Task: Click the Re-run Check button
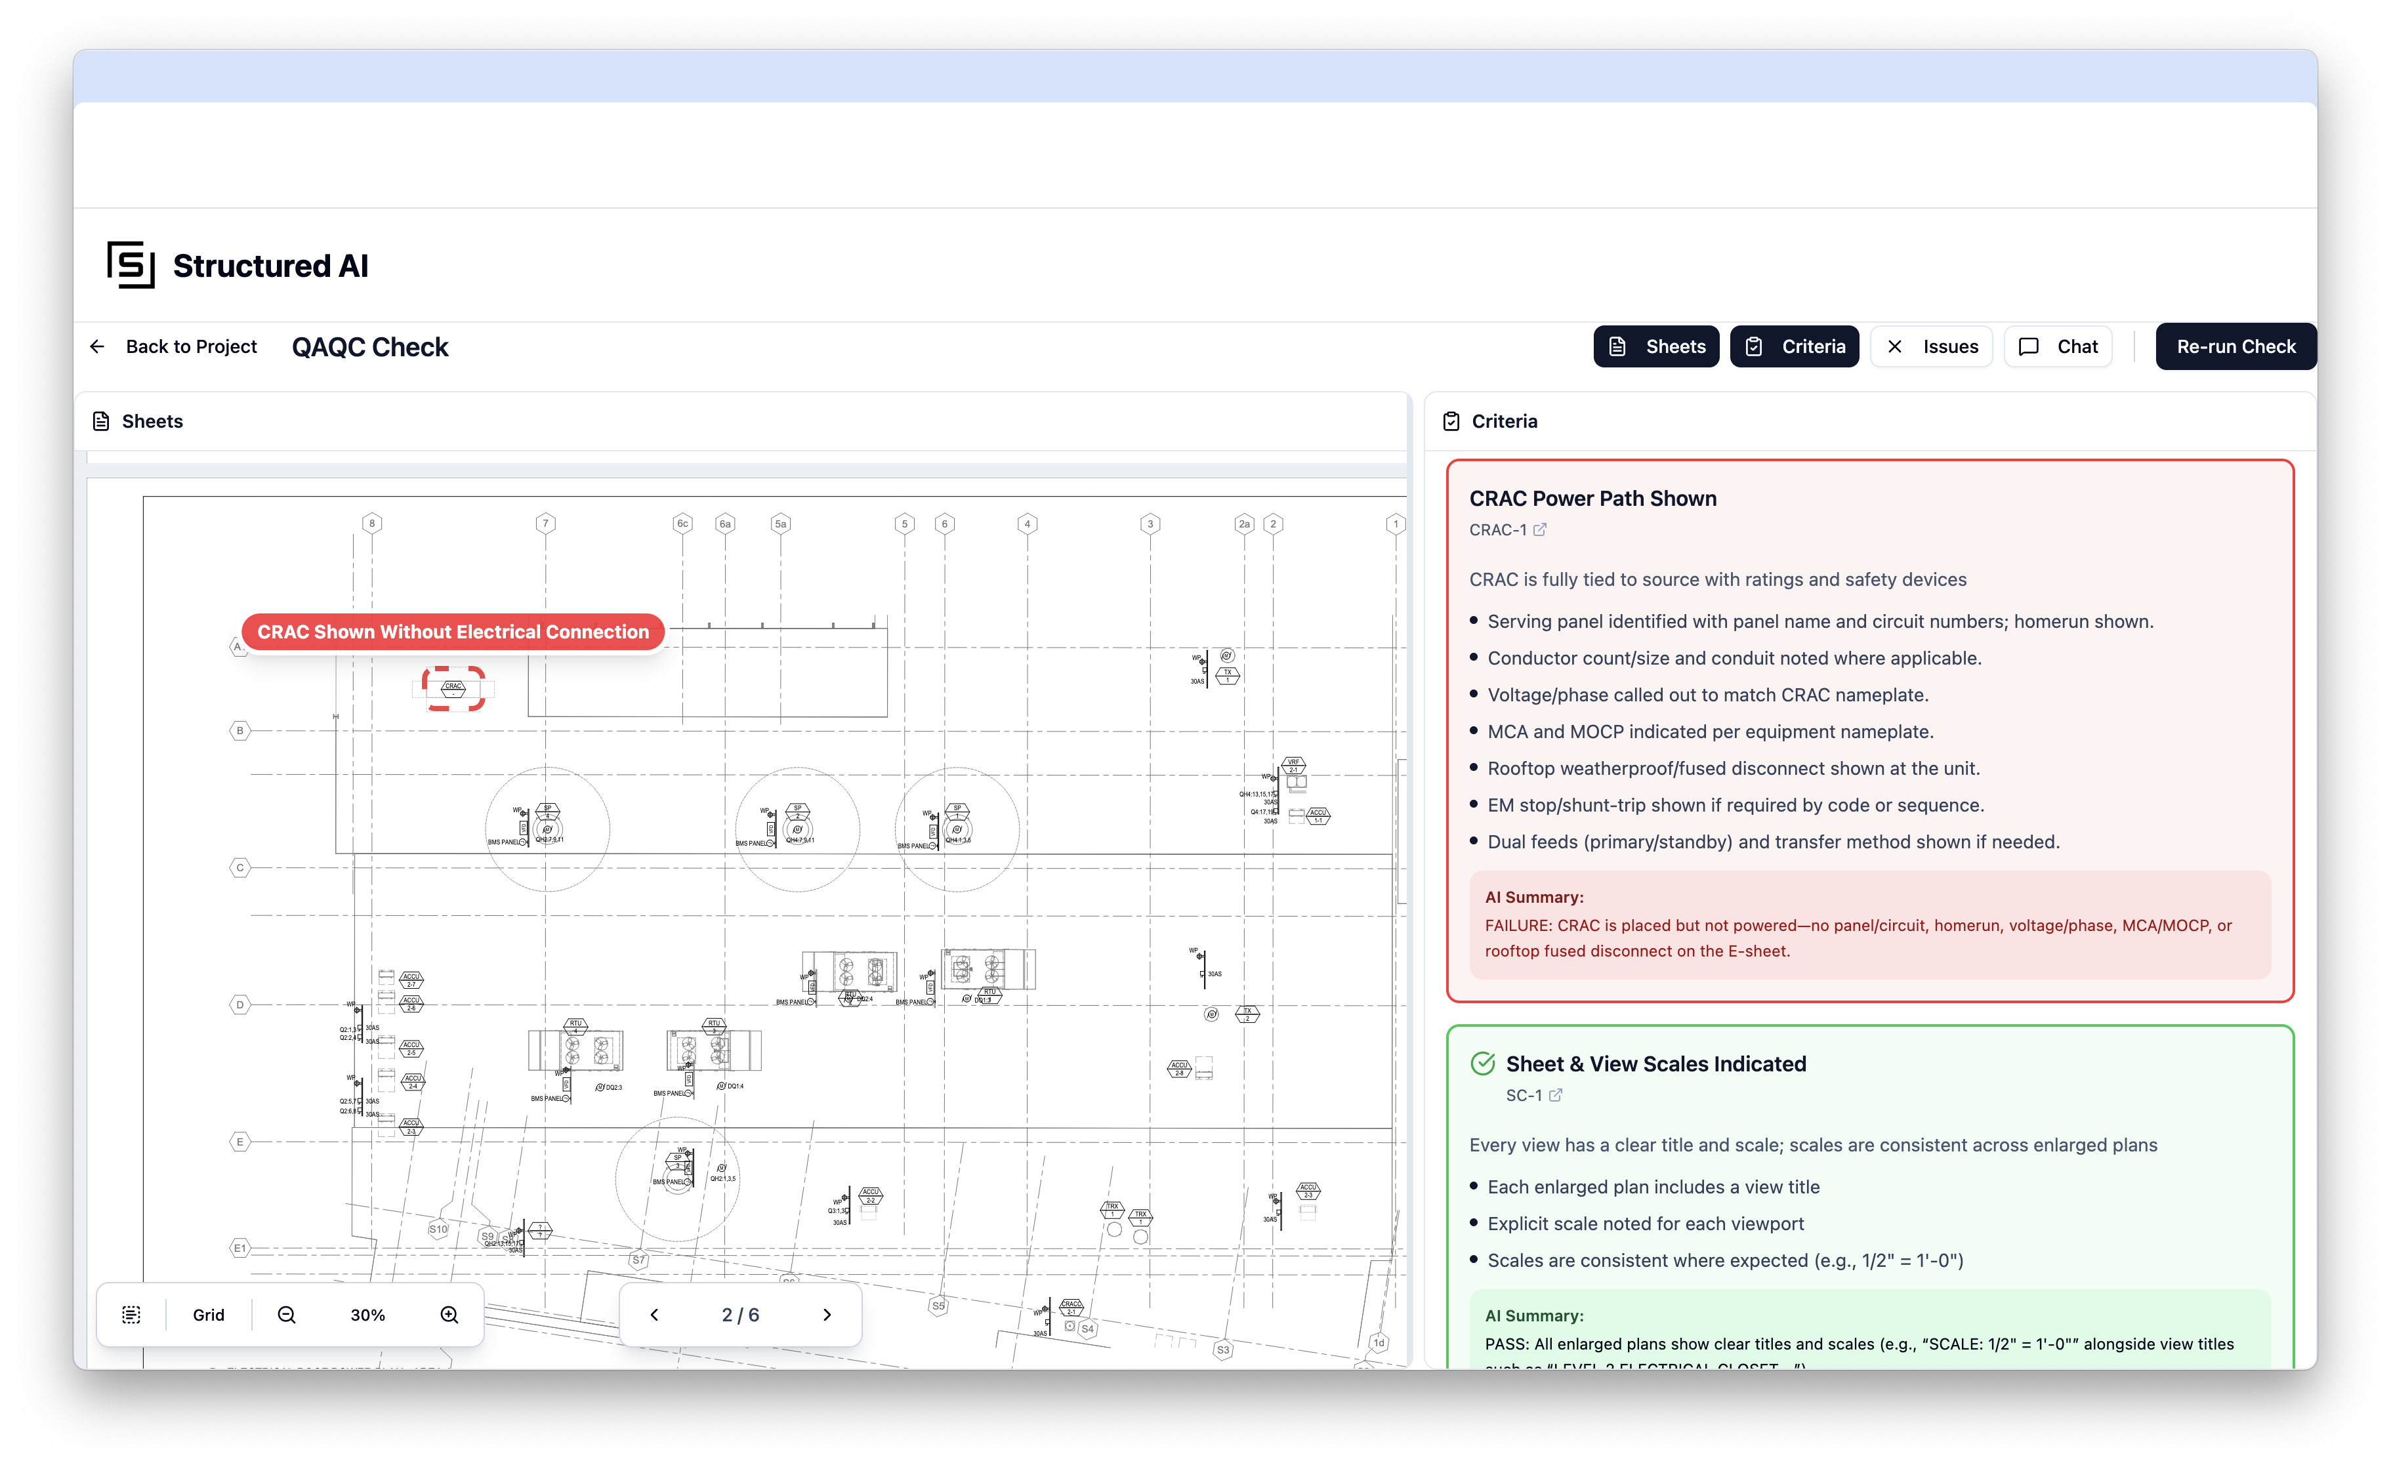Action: click(x=2235, y=346)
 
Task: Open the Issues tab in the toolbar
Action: click(x=1931, y=346)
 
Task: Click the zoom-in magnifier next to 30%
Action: click(x=449, y=1315)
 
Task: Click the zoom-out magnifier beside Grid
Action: click(x=286, y=1315)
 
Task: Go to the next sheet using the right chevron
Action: click(x=827, y=1315)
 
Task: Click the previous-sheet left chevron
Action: click(x=654, y=1315)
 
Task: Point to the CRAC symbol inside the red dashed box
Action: click(x=453, y=688)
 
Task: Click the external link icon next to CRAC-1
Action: click(x=1540, y=529)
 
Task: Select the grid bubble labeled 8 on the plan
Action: click(x=371, y=524)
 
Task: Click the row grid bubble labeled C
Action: click(x=239, y=867)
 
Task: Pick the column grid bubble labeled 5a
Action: click(x=780, y=524)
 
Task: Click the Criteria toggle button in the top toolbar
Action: click(x=1794, y=346)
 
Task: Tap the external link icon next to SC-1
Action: click(x=1556, y=1096)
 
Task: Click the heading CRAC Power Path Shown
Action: click(x=1592, y=499)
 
